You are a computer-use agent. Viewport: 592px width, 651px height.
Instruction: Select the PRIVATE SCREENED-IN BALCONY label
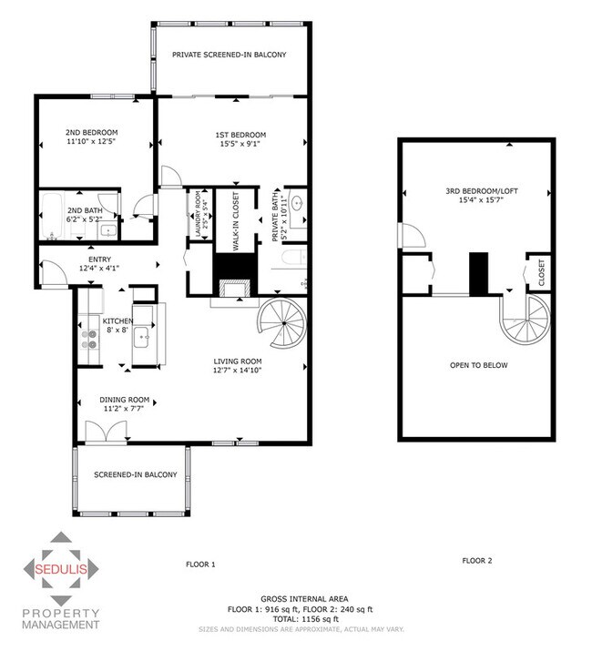coord(230,55)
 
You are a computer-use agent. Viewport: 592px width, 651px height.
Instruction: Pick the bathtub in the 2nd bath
coord(51,217)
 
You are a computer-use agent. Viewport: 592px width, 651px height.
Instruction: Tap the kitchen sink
coord(143,340)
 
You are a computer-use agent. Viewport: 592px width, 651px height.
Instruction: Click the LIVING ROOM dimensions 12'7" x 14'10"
coord(238,370)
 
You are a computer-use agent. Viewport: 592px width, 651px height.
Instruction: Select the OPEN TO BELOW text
coord(478,365)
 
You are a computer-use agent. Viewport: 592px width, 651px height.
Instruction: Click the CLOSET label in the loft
coord(542,272)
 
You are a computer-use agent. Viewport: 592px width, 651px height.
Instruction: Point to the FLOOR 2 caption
coord(476,560)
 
